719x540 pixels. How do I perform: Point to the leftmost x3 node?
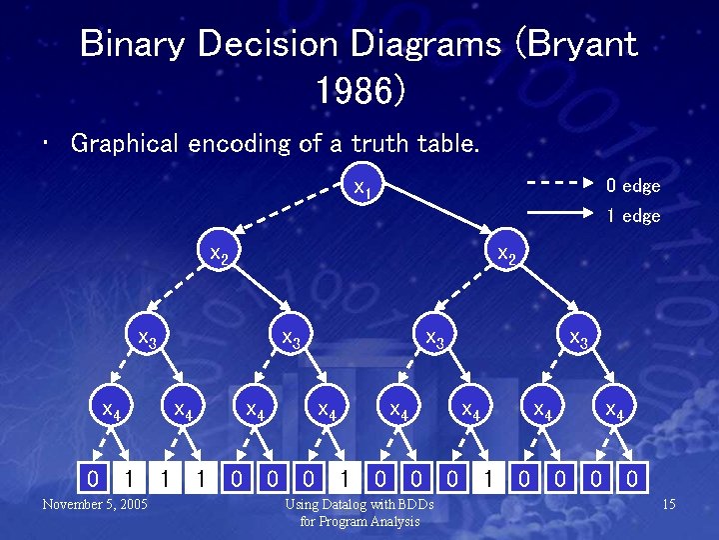[x=147, y=339]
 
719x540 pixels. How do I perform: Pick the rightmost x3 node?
[x=578, y=339]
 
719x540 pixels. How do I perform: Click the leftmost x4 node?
[x=111, y=409]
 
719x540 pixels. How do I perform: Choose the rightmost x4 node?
[x=614, y=409]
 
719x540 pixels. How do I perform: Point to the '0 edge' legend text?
[x=633, y=185]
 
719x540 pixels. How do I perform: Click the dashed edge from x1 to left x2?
[x=291, y=221]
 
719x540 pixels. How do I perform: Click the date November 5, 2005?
[x=95, y=504]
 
